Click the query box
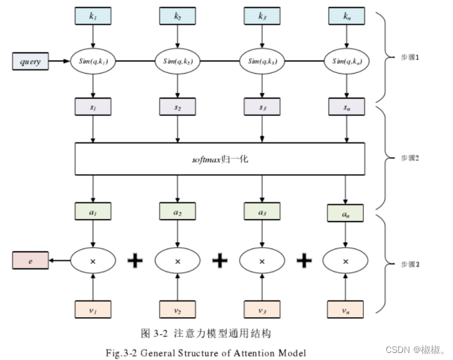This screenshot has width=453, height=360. tap(30, 62)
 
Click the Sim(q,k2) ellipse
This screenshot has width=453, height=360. tap(177, 62)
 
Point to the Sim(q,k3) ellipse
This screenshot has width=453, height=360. tap(261, 62)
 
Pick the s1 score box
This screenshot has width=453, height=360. tap(94, 107)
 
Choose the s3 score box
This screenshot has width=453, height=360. tap(261, 107)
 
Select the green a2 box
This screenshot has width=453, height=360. tap(177, 209)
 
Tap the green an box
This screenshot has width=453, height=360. tap(346, 212)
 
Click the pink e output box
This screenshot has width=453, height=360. tap(30, 261)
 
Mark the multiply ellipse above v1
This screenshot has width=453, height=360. tap(94, 261)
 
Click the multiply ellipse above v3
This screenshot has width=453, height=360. tap(261, 261)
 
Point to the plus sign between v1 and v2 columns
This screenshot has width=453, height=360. tap(135, 261)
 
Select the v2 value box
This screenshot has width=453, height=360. tap(177, 310)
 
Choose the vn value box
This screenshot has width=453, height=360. tap(346, 310)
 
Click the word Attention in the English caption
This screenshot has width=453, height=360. tap(250, 352)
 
